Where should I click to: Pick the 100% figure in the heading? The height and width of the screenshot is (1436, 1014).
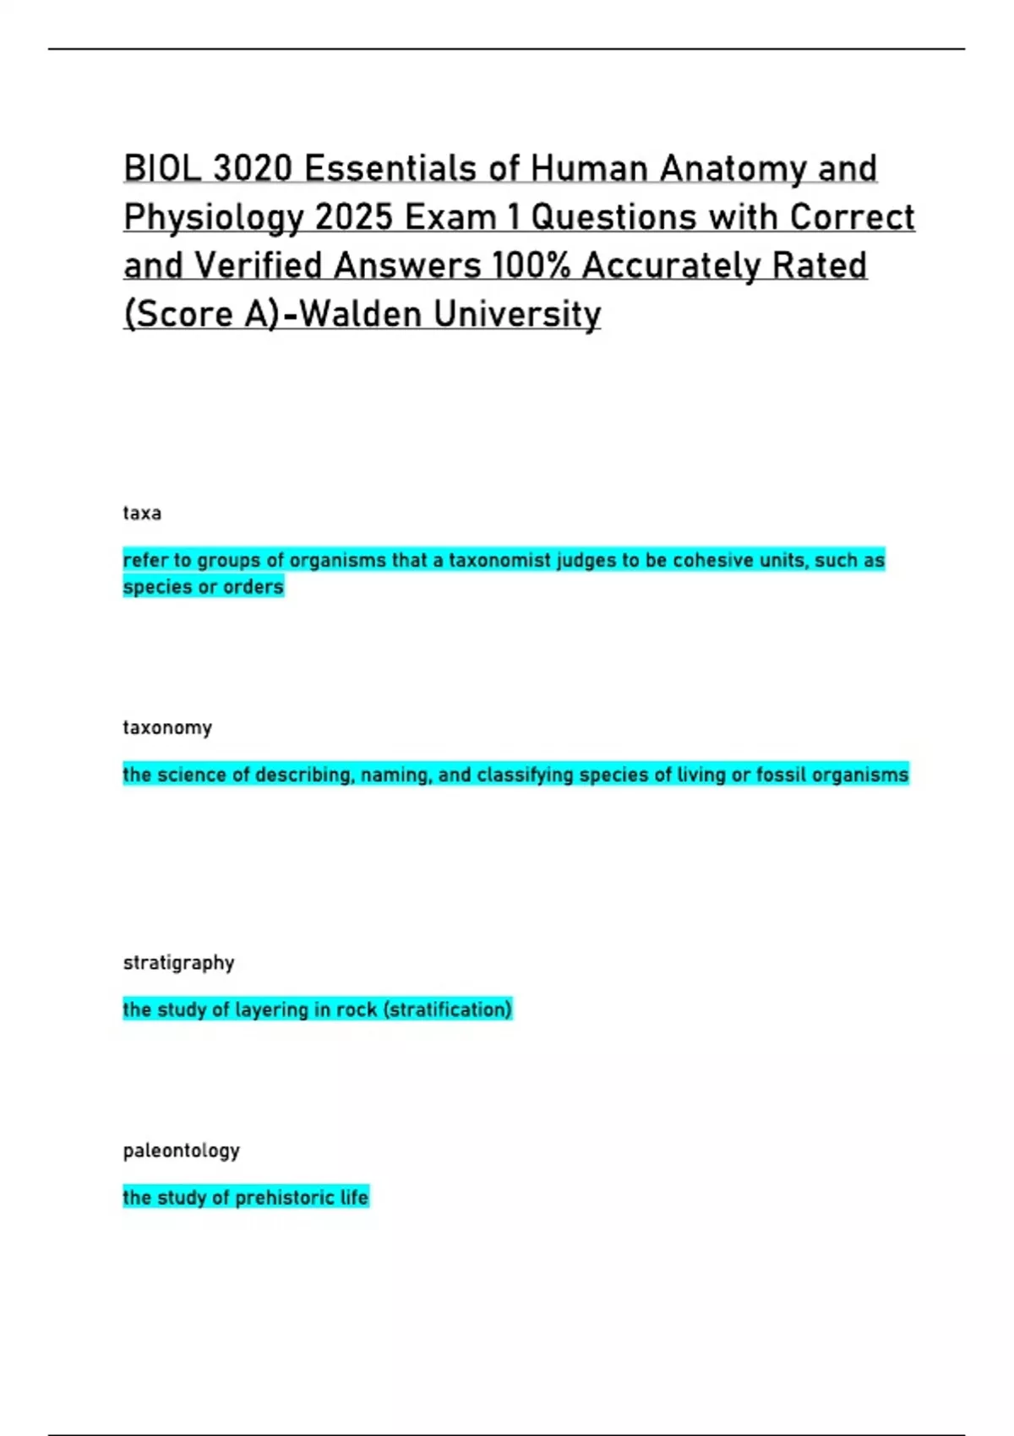click(x=531, y=266)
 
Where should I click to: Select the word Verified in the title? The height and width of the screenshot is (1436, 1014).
click(x=259, y=266)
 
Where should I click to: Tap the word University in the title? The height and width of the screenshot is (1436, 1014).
click(x=517, y=314)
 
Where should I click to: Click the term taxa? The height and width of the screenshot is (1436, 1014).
click(x=142, y=514)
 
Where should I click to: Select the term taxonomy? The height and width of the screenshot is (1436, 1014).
click(x=167, y=728)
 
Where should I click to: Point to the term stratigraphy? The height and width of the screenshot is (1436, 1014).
click(x=178, y=963)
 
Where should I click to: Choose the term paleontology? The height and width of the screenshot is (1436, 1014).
click(x=182, y=1150)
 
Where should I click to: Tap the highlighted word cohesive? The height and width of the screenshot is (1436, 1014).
click(x=711, y=560)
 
